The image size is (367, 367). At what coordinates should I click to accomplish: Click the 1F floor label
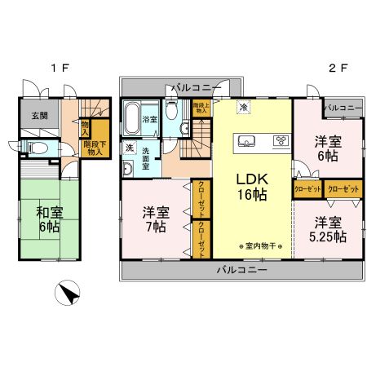point(57,68)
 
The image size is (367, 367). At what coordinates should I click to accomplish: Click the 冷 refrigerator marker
point(244,106)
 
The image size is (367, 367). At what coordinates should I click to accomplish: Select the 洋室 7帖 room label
point(155,219)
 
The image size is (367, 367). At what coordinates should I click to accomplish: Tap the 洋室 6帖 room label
point(328,148)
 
